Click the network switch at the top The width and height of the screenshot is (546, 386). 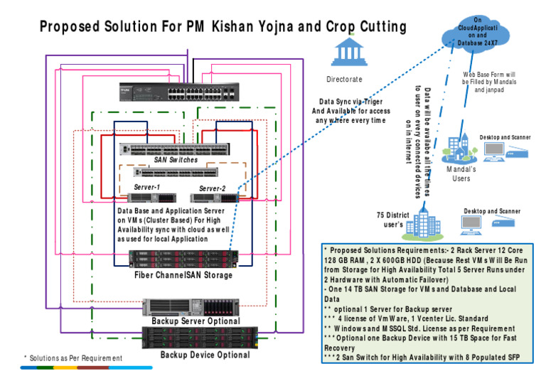(x=178, y=92)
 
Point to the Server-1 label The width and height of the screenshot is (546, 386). (x=146, y=187)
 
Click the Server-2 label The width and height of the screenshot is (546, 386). (x=212, y=188)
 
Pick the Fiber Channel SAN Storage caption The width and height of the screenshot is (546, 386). (x=183, y=275)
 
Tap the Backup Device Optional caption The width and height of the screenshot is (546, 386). (x=205, y=355)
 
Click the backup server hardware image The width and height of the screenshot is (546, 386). (x=191, y=307)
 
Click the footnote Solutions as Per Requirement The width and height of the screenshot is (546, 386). (x=73, y=358)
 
